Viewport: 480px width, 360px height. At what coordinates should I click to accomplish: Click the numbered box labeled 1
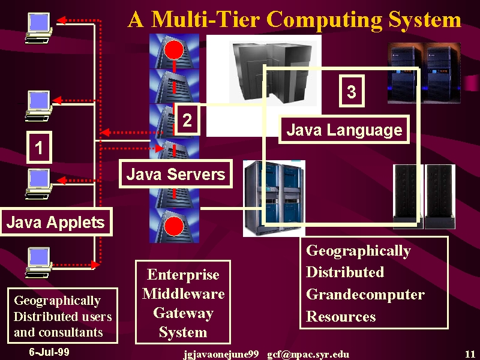pos(39,147)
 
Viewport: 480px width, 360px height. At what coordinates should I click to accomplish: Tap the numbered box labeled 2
pos(187,119)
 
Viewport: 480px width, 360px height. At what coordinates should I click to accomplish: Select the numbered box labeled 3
pos(352,91)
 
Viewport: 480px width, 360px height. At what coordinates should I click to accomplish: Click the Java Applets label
pos(56,222)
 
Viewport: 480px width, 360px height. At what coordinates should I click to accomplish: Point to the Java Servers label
pos(176,173)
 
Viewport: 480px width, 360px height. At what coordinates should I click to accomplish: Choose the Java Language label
pos(344,130)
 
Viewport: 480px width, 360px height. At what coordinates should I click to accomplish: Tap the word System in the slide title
pos(425,20)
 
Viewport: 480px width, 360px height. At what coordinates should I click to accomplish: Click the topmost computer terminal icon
pos(39,28)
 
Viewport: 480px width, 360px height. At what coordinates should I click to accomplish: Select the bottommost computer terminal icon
pos(38,263)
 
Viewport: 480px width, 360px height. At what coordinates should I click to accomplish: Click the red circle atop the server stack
pos(174,49)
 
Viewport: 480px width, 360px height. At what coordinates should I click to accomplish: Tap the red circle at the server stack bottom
pos(174,227)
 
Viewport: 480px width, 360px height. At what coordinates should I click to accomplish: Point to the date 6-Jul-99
pos(49,352)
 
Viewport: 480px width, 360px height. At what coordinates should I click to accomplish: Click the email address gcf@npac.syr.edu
pos(308,355)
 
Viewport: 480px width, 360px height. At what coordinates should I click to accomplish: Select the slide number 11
pos(470,354)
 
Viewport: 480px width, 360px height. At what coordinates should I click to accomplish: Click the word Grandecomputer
pos(365,295)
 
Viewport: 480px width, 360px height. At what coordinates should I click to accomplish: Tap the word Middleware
pos(184,294)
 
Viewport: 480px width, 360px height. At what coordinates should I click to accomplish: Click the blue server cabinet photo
pos(274,199)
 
